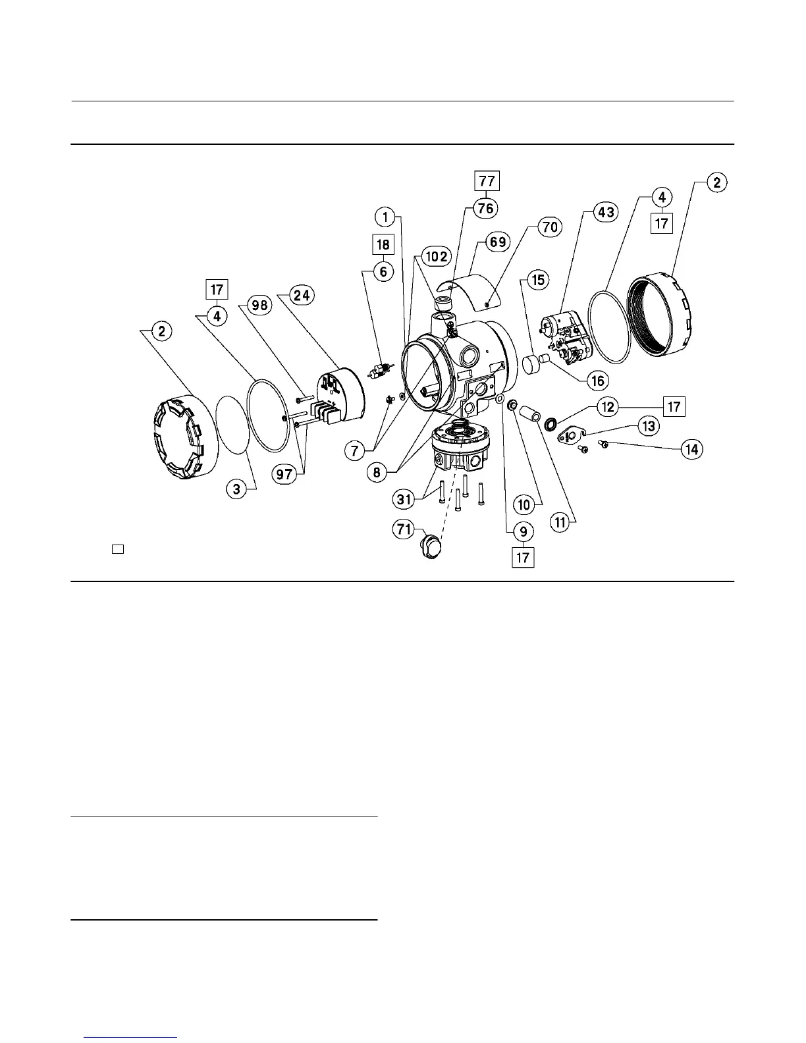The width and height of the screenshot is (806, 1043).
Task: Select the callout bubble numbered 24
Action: pyautogui.click(x=302, y=296)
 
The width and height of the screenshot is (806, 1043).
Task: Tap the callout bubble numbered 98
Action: pyautogui.click(x=259, y=304)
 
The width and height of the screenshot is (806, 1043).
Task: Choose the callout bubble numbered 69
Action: pyautogui.click(x=498, y=242)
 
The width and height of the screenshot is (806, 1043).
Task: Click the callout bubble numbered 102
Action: pyautogui.click(x=437, y=256)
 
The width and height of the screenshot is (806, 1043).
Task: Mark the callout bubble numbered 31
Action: pyautogui.click(x=404, y=499)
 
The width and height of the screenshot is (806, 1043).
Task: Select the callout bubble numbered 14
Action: pyautogui.click(x=691, y=450)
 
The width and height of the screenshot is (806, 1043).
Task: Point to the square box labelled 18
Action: pyautogui.click(x=383, y=244)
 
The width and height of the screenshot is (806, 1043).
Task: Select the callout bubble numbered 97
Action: pyautogui.click(x=284, y=474)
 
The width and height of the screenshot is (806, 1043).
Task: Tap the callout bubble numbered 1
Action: pyautogui.click(x=387, y=216)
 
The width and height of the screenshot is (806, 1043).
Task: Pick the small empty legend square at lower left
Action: pyautogui.click(x=118, y=548)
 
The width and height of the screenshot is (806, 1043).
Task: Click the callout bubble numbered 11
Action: pyautogui.click(x=560, y=523)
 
